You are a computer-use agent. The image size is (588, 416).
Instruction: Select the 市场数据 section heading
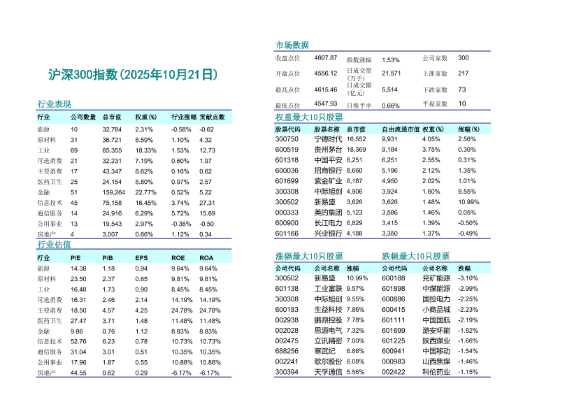(292, 45)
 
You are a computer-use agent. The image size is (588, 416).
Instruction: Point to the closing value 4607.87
(326, 57)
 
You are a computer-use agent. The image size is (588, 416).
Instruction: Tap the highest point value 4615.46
(326, 89)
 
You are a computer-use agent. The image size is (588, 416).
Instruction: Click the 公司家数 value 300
(463, 57)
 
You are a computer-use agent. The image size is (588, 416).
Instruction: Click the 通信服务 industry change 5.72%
(180, 213)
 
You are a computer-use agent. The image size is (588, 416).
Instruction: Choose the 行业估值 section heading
(54, 245)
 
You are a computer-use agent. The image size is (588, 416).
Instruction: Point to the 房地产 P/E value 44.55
(78, 373)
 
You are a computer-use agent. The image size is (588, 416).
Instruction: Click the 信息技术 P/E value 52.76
(78, 342)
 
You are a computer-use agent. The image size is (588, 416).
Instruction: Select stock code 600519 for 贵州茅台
(287, 150)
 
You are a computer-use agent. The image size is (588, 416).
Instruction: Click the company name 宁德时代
(329, 139)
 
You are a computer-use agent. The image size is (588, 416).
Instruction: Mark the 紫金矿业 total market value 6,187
(356, 181)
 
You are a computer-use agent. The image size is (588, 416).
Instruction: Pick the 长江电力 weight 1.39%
(431, 223)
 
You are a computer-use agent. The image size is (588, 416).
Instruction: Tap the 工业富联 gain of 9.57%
(355, 289)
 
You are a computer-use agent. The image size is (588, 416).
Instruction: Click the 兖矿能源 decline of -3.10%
(467, 278)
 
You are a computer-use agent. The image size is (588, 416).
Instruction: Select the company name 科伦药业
(436, 373)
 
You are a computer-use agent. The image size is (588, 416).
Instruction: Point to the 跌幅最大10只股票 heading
(416, 257)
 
